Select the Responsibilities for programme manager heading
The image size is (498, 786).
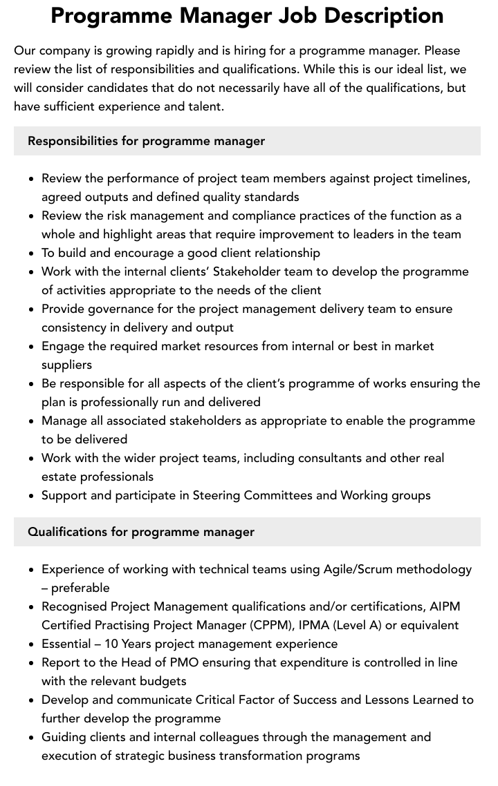pos(146,141)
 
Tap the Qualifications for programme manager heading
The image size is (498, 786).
pos(141,532)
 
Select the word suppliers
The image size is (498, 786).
pos(66,365)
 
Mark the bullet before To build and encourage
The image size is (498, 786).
pos(32,253)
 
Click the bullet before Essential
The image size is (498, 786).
pos(32,644)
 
